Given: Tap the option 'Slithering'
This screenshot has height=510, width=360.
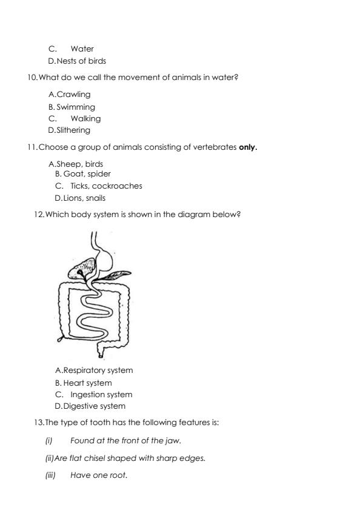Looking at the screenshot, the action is click(x=73, y=130).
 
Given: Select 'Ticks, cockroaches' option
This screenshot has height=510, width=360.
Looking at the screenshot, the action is click(x=106, y=186).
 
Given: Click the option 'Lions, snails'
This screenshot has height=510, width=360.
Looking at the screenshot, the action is click(x=84, y=198).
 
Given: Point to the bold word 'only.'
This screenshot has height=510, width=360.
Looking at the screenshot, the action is click(x=248, y=147).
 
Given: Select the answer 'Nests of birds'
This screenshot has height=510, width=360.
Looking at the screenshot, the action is click(x=81, y=61).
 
